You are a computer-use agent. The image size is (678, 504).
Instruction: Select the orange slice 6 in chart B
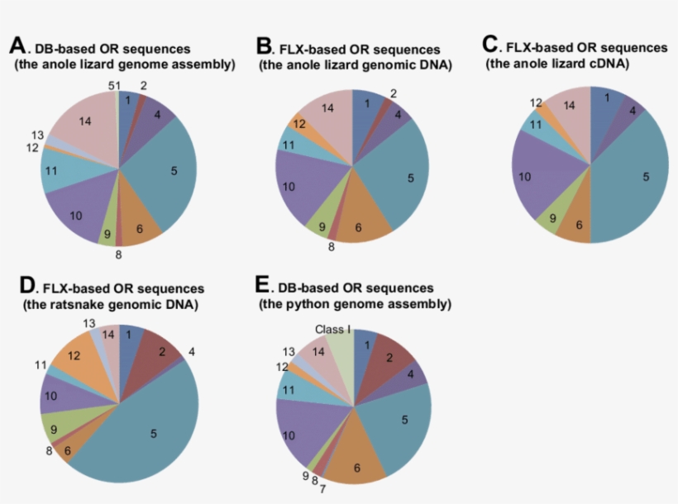359,226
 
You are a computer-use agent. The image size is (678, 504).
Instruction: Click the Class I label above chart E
332,330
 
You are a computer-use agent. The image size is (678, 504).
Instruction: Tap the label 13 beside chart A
37,136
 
